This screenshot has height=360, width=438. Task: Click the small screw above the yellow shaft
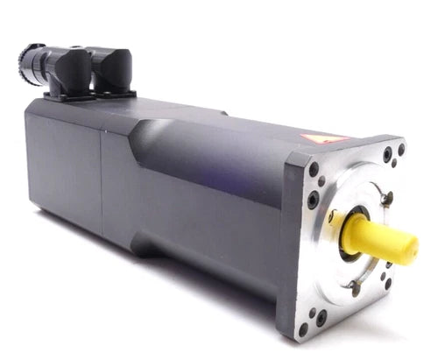(386, 200)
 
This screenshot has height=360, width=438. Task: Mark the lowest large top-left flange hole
(313, 200)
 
